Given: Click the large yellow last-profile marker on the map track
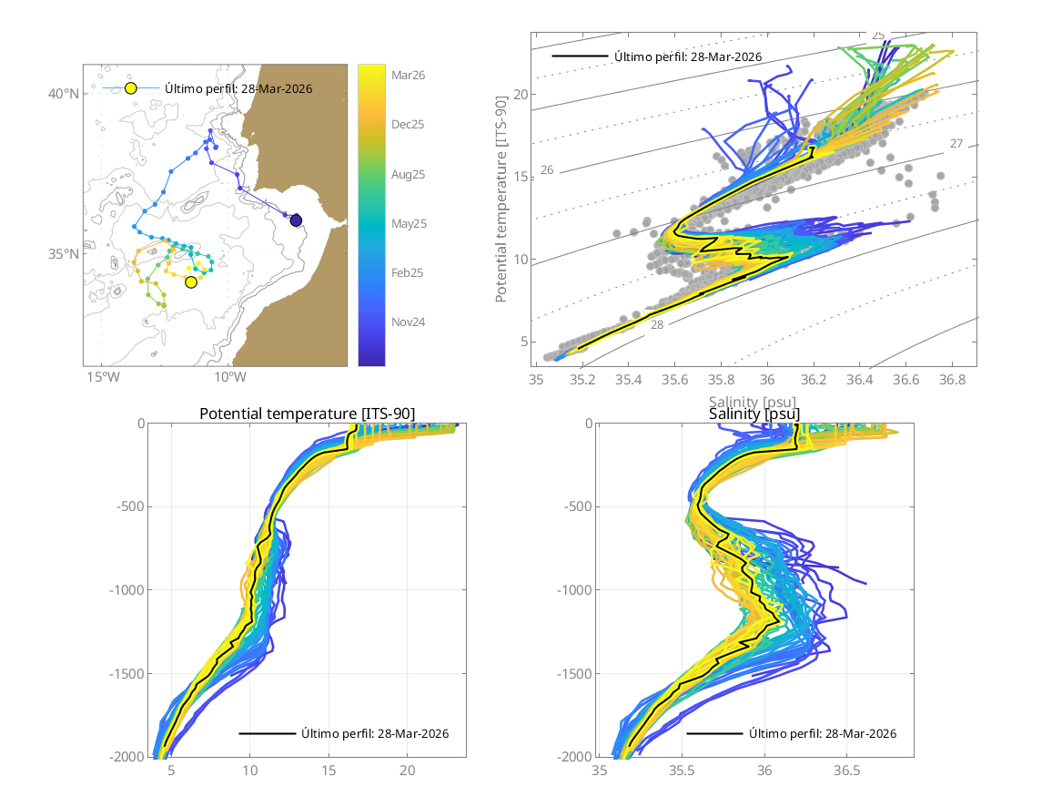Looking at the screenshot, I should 191,282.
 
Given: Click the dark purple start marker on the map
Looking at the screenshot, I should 296,220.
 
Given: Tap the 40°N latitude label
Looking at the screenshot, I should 63,94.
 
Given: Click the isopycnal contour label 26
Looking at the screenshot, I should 547,170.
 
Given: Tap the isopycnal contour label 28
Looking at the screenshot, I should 656,324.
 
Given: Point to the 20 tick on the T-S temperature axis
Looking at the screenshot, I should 521,95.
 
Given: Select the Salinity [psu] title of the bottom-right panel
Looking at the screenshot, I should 754,414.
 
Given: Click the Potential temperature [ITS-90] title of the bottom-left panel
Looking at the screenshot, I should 307,414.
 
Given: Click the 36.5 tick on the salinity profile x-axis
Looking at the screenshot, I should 847,771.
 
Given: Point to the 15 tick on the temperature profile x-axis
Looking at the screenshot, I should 329,771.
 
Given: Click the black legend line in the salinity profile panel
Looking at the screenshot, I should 714,733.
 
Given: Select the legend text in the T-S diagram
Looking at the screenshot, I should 688,56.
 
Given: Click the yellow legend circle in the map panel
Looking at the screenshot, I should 130,88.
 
